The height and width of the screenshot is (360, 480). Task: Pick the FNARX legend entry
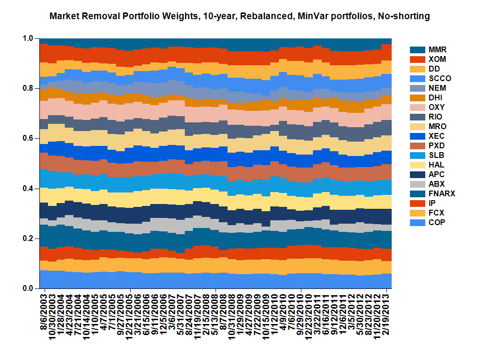click(441, 193)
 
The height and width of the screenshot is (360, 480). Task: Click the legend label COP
click(436, 222)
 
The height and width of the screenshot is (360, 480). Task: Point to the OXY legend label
click(436, 107)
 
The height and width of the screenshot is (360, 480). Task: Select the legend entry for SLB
click(436, 155)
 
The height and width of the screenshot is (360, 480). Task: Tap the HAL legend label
click(436, 165)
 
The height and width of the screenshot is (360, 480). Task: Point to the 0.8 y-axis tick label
click(28, 88)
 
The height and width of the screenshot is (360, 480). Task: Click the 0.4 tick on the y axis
click(28, 189)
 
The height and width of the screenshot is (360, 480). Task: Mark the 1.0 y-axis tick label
click(28, 38)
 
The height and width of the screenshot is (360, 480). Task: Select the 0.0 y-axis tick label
click(28, 288)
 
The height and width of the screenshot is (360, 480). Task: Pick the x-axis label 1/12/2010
click(276, 317)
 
